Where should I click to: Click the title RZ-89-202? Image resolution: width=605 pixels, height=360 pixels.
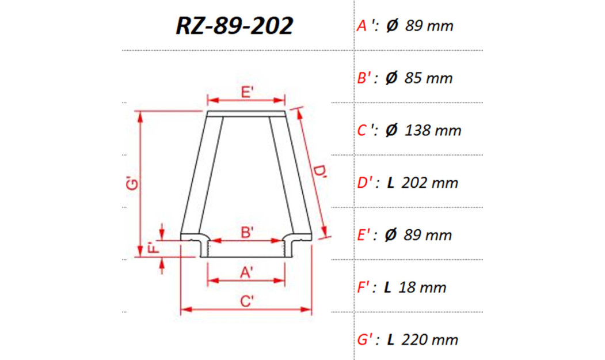235,26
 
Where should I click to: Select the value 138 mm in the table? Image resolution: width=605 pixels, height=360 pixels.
433,131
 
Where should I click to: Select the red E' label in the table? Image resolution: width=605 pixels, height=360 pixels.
365,236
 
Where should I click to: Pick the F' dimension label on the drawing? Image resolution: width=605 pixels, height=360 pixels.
153,248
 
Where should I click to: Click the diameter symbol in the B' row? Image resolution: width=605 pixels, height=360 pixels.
391,78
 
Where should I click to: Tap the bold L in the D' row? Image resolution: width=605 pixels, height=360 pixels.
390,183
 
